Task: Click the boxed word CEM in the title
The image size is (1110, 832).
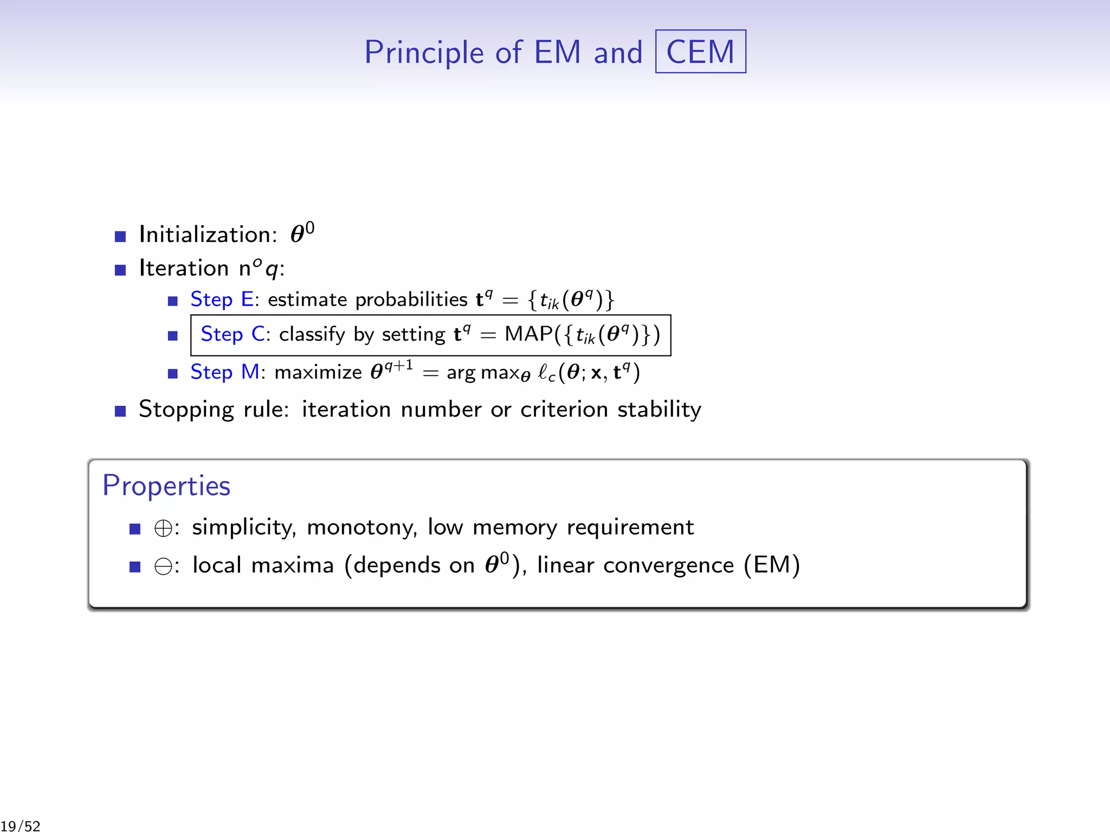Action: pyautogui.click(x=700, y=52)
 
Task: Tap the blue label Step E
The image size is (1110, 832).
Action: pyautogui.click(x=222, y=300)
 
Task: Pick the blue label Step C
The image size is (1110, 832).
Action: pyautogui.click(x=233, y=334)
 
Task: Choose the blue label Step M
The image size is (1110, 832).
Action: pyautogui.click(x=224, y=372)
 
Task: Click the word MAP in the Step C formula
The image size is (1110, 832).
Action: pyautogui.click(x=529, y=334)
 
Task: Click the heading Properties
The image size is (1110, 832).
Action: pyautogui.click(x=166, y=485)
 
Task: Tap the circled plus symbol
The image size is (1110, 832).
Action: pyautogui.click(x=163, y=528)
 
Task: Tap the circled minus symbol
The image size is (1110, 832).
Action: pyautogui.click(x=163, y=567)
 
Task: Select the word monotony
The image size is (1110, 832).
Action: pyautogui.click(x=362, y=528)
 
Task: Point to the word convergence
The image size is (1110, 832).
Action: pyautogui.click(x=668, y=565)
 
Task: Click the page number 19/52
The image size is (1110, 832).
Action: pyautogui.click(x=21, y=826)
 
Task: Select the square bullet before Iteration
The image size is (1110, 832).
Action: pyautogui.click(x=120, y=270)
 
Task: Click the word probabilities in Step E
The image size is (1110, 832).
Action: pyautogui.click(x=411, y=300)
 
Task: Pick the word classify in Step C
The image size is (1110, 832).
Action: pyautogui.click(x=312, y=334)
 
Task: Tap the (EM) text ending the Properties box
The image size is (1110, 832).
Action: pyautogui.click(x=772, y=565)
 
